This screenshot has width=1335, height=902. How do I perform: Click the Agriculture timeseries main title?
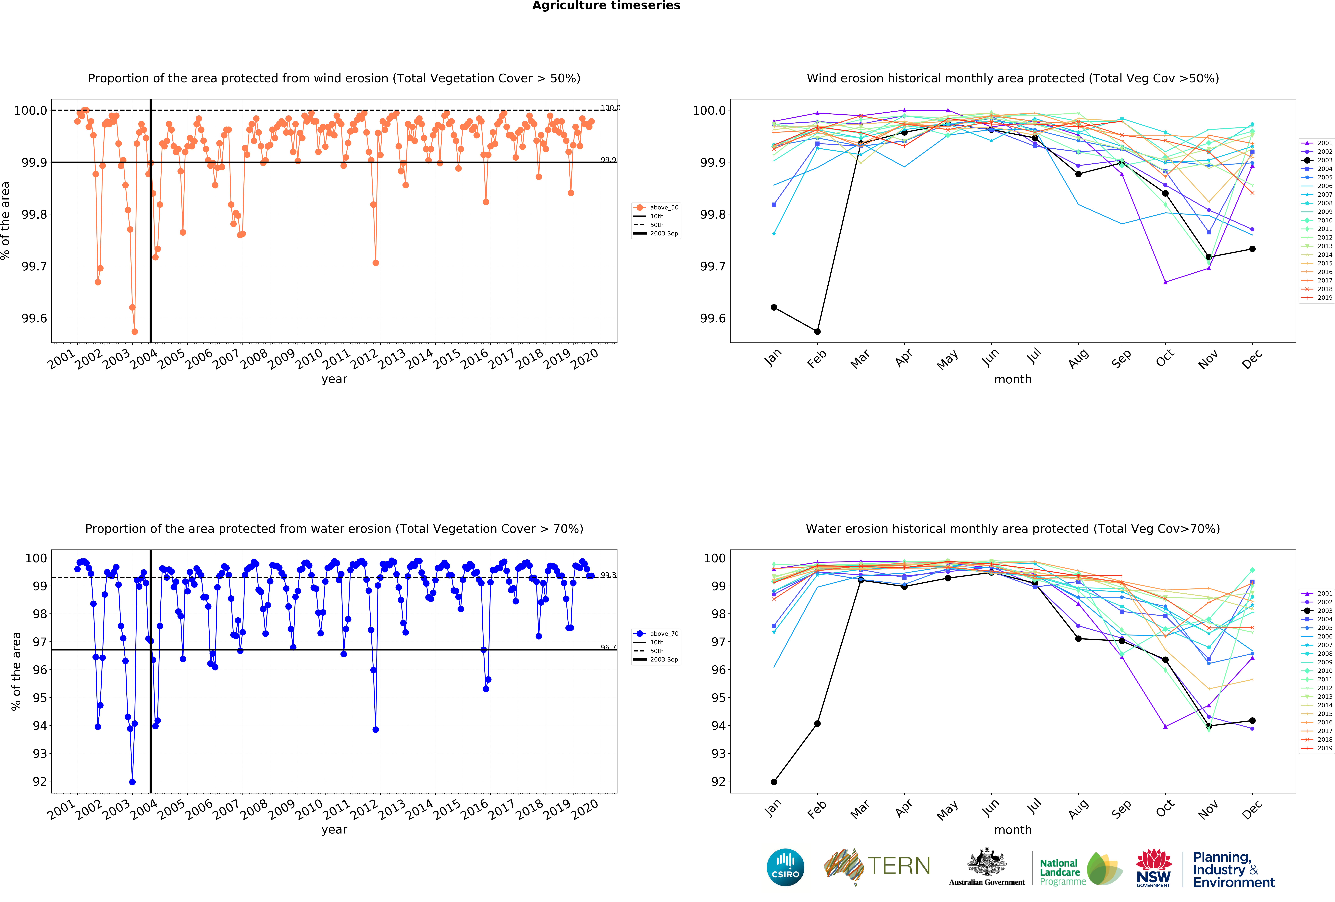(x=606, y=6)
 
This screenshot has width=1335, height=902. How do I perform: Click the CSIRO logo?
(x=785, y=867)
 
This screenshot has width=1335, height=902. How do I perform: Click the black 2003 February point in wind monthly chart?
(x=817, y=331)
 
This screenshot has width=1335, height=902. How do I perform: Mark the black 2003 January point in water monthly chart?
(x=774, y=782)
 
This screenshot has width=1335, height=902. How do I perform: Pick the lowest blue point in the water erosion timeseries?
(x=133, y=782)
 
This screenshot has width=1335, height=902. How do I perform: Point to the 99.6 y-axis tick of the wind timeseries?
(x=34, y=318)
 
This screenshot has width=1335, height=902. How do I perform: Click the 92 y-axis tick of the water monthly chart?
(x=718, y=782)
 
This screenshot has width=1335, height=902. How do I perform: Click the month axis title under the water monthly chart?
(x=1013, y=830)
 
